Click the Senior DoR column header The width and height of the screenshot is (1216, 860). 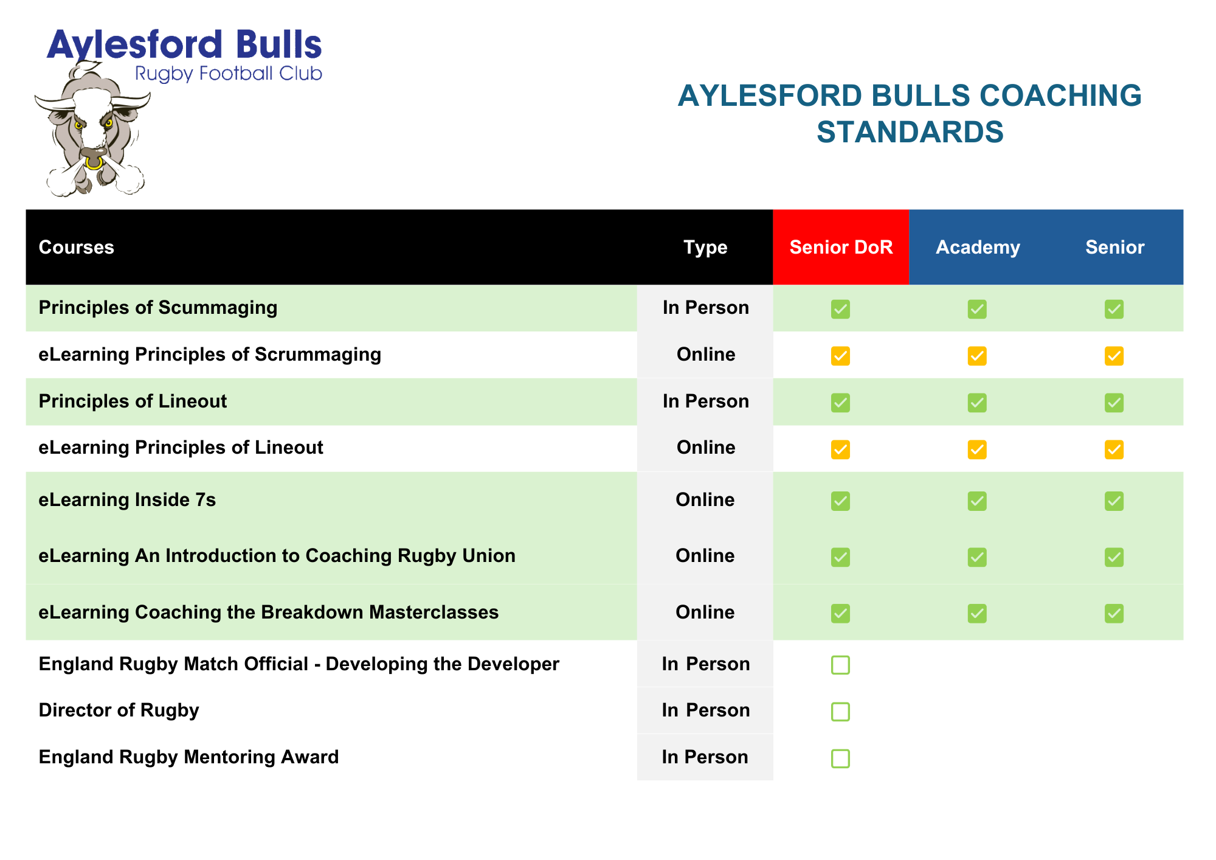(841, 248)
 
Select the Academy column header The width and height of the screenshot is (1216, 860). (978, 248)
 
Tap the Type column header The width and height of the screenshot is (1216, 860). (705, 248)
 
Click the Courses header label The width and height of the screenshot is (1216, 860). (77, 248)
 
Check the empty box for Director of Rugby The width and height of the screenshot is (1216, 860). (840, 712)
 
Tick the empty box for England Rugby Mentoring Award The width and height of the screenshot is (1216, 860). (840, 758)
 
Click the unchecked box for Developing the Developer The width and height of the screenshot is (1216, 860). (840, 665)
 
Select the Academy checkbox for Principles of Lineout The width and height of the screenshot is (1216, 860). (977, 403)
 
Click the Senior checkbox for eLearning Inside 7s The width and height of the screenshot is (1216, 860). (1114, 501)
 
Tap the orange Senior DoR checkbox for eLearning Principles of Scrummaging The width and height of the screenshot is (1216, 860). (840, 356)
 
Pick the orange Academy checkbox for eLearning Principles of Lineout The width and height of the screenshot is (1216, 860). (977, 449)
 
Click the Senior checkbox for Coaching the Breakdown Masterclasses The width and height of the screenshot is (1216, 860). (1114, 614)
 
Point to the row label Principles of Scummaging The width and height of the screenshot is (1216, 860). (158, 308)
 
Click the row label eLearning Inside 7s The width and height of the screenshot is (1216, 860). (127, 500)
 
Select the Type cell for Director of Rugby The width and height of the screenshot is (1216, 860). (705, 710)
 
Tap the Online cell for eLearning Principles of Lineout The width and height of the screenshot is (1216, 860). (706, 448)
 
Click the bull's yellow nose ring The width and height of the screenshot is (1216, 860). (93, 163)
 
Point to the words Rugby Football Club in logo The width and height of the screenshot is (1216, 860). (228, 74)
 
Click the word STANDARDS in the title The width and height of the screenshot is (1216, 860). (910, 132)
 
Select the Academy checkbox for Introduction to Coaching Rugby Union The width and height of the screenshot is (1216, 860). (977, 557)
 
